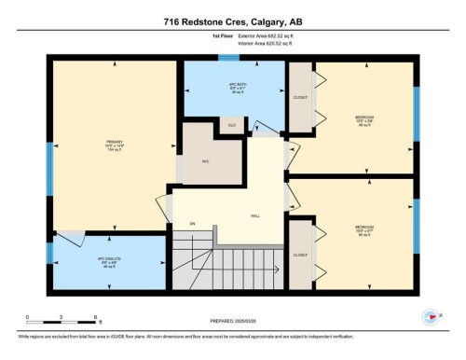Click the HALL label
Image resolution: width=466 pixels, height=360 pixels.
point(255,215)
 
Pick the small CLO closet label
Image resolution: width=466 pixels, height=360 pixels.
point(231,123)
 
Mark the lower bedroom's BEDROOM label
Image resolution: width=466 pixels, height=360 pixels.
point(363,228)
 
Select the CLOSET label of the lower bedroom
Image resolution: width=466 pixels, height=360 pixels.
point(300,255)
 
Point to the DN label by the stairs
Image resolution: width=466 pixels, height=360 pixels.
point(193,224)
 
